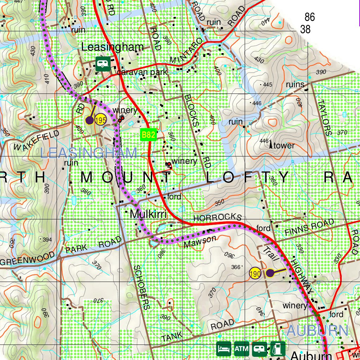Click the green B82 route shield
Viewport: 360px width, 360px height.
point(148,135)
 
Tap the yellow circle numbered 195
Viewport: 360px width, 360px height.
point(101,120)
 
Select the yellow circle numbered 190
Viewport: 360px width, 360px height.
point(255,273)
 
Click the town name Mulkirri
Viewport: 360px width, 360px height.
point(148,214)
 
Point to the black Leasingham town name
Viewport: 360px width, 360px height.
point(112,47)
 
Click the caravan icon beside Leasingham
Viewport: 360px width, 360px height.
point(102,64)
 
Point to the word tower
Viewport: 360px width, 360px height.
point(284,146)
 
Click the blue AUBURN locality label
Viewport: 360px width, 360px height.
point(317,331)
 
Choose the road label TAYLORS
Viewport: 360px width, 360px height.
point(324,117)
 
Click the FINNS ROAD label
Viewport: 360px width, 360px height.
point(309,228)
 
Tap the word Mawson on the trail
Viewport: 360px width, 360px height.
point(200,242)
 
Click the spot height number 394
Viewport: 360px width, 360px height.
point(47,240)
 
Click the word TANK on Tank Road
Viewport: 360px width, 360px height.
point(172,337)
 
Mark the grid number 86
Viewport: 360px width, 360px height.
point(310,17)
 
